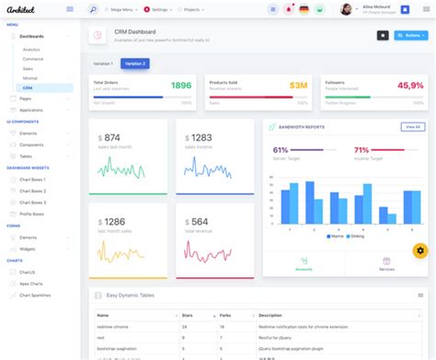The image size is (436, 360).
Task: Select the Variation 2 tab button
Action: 134,64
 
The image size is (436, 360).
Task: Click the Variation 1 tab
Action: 104,64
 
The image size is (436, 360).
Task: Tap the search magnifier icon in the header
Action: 93,9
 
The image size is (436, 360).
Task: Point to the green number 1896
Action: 180,86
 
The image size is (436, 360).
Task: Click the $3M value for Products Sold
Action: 298,86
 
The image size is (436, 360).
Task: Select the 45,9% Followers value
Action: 410,86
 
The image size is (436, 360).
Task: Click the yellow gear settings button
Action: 419,250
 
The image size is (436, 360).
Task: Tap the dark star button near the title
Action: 382,35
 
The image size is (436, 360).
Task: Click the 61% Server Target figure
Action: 281,149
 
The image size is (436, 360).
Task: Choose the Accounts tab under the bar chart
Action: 304,265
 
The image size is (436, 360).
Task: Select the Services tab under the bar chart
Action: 386,265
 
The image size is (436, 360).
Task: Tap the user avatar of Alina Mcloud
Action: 346,9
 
